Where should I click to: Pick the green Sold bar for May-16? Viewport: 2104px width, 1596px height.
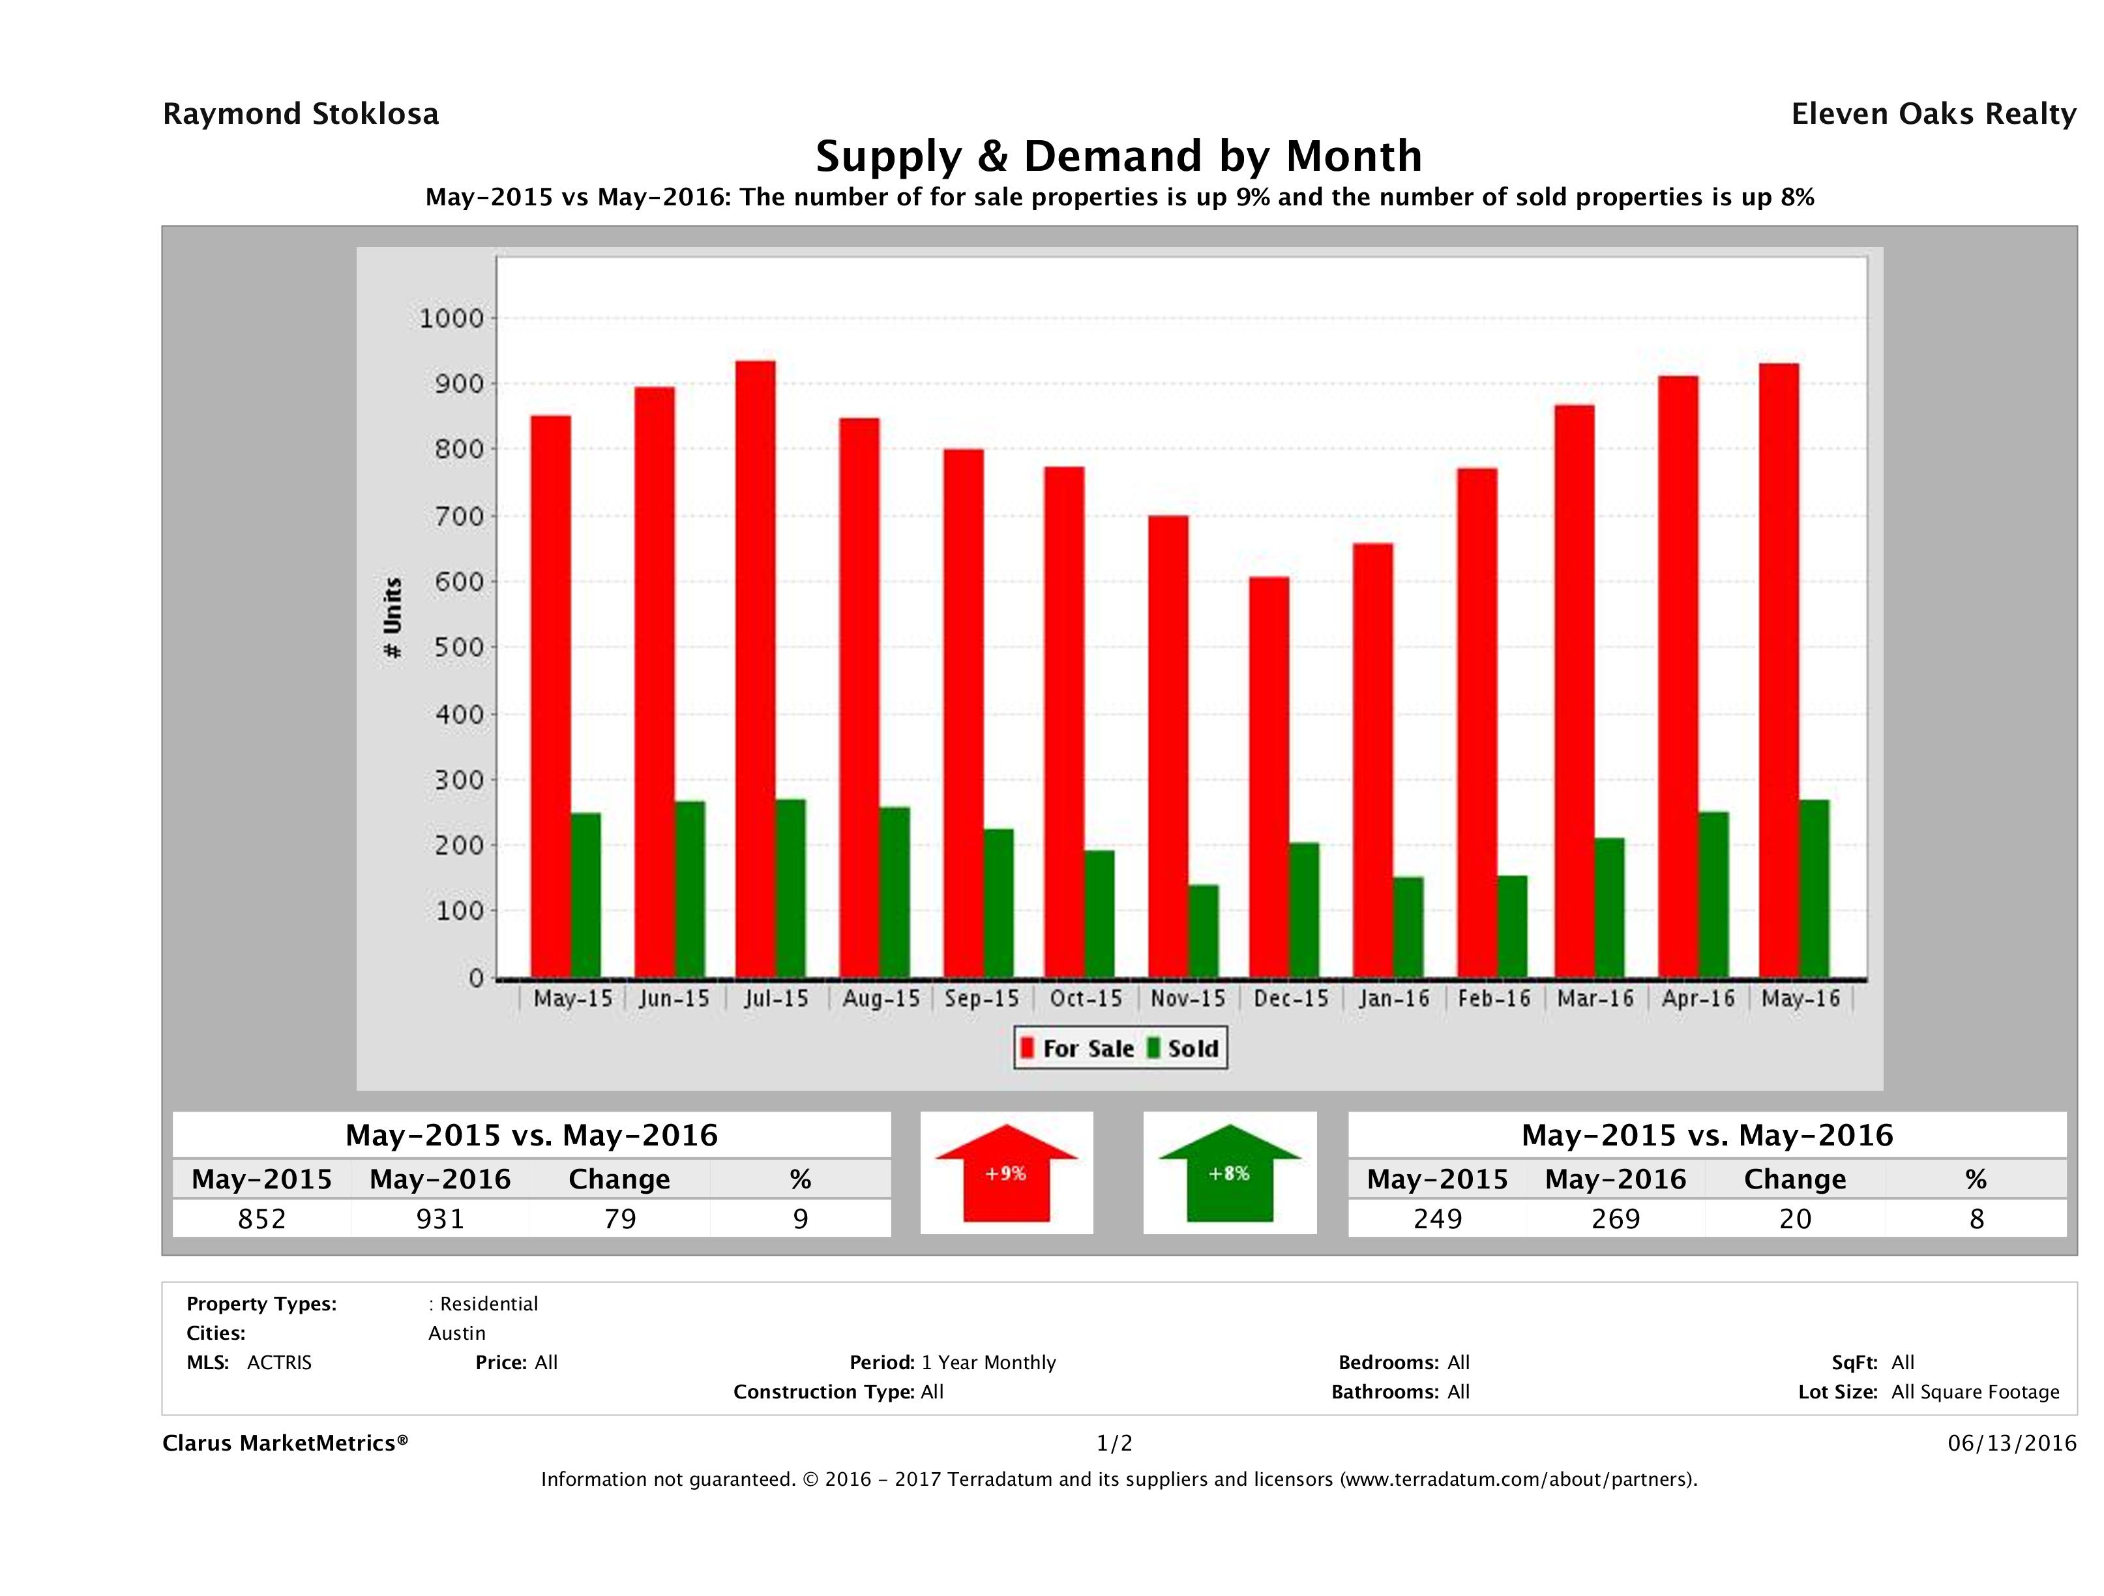pyautogui.click(x=1814, y=889)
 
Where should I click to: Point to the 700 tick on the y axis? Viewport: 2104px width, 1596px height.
pyautogui.click(x=460, y=516)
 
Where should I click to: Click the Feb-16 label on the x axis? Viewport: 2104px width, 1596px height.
pyautogui.click(x=1494, y=999)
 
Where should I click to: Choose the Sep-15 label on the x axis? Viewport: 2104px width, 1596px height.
pyautogui.click(x=982, y=999)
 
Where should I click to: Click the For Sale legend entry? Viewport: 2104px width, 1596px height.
pyautogui.click(x=1078, y=1049)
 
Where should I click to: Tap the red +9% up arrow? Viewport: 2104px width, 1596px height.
pyautogui.click(x=1006, y=1174)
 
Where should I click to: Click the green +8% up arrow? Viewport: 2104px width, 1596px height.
pyautogui.click(x=1229, y=1174)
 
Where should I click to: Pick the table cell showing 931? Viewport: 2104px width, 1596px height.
pyautogui.click(x=440, y=1219)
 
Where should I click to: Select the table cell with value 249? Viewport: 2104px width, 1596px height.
pyautogui.click(x=1437, y=1219)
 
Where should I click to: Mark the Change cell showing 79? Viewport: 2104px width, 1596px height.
pyautogui.click(x=620, y=1219)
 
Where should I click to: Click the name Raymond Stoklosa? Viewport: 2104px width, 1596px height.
pyautogui.click(x=301, y=114)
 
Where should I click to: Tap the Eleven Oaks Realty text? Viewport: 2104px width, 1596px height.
pyautogui.click(x=1933, y=114)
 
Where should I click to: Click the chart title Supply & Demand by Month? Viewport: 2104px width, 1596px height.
pyautogui.click(x=1119, y=156)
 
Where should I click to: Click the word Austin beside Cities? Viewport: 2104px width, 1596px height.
pyautogui.click(x=456, y=1333)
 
